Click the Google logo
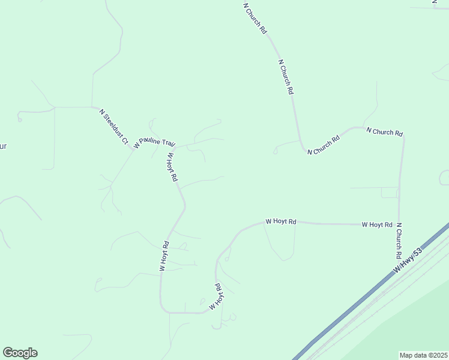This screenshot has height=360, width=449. click(x=20, y=353)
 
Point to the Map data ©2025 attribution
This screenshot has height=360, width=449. click(x=423, y=355)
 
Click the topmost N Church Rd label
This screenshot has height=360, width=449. click(x=255, y=18)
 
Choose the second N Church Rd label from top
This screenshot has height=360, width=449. click(x=286, y=76)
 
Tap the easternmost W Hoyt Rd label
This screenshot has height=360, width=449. click(x=377, y=224)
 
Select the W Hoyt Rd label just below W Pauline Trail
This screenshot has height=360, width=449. click(x=172, y=167)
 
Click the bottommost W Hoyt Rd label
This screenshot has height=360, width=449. click(x=217, y=296)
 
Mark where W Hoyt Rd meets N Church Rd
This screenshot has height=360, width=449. click(x=399, y=224)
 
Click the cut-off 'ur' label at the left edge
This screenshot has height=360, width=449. click(x=2, y=146)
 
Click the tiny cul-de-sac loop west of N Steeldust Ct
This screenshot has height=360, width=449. click(x=20, y=119)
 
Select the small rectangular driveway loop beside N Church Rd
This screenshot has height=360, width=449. click(x=389, y=193)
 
